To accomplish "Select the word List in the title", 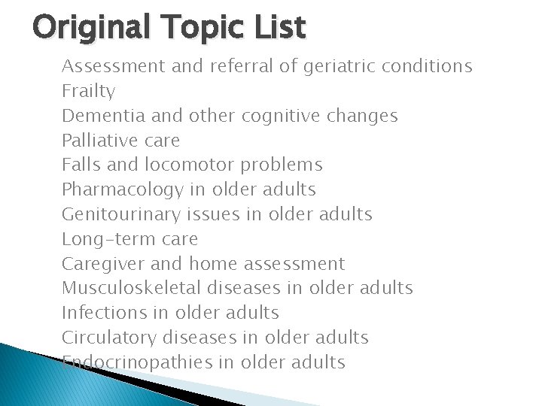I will [279, 28].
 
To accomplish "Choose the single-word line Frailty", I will [88, 92].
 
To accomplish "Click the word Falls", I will [78, 165].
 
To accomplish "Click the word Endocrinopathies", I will [136, 362].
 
